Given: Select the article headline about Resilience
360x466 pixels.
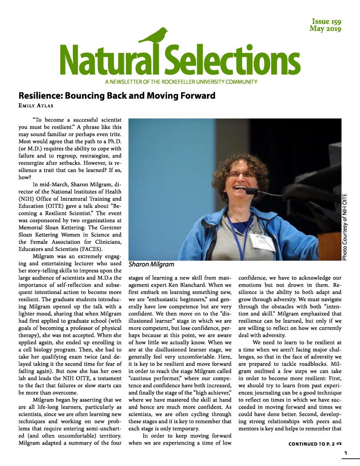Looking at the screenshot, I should click(117, 96).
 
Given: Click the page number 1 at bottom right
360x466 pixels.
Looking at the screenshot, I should click(346, 453).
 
